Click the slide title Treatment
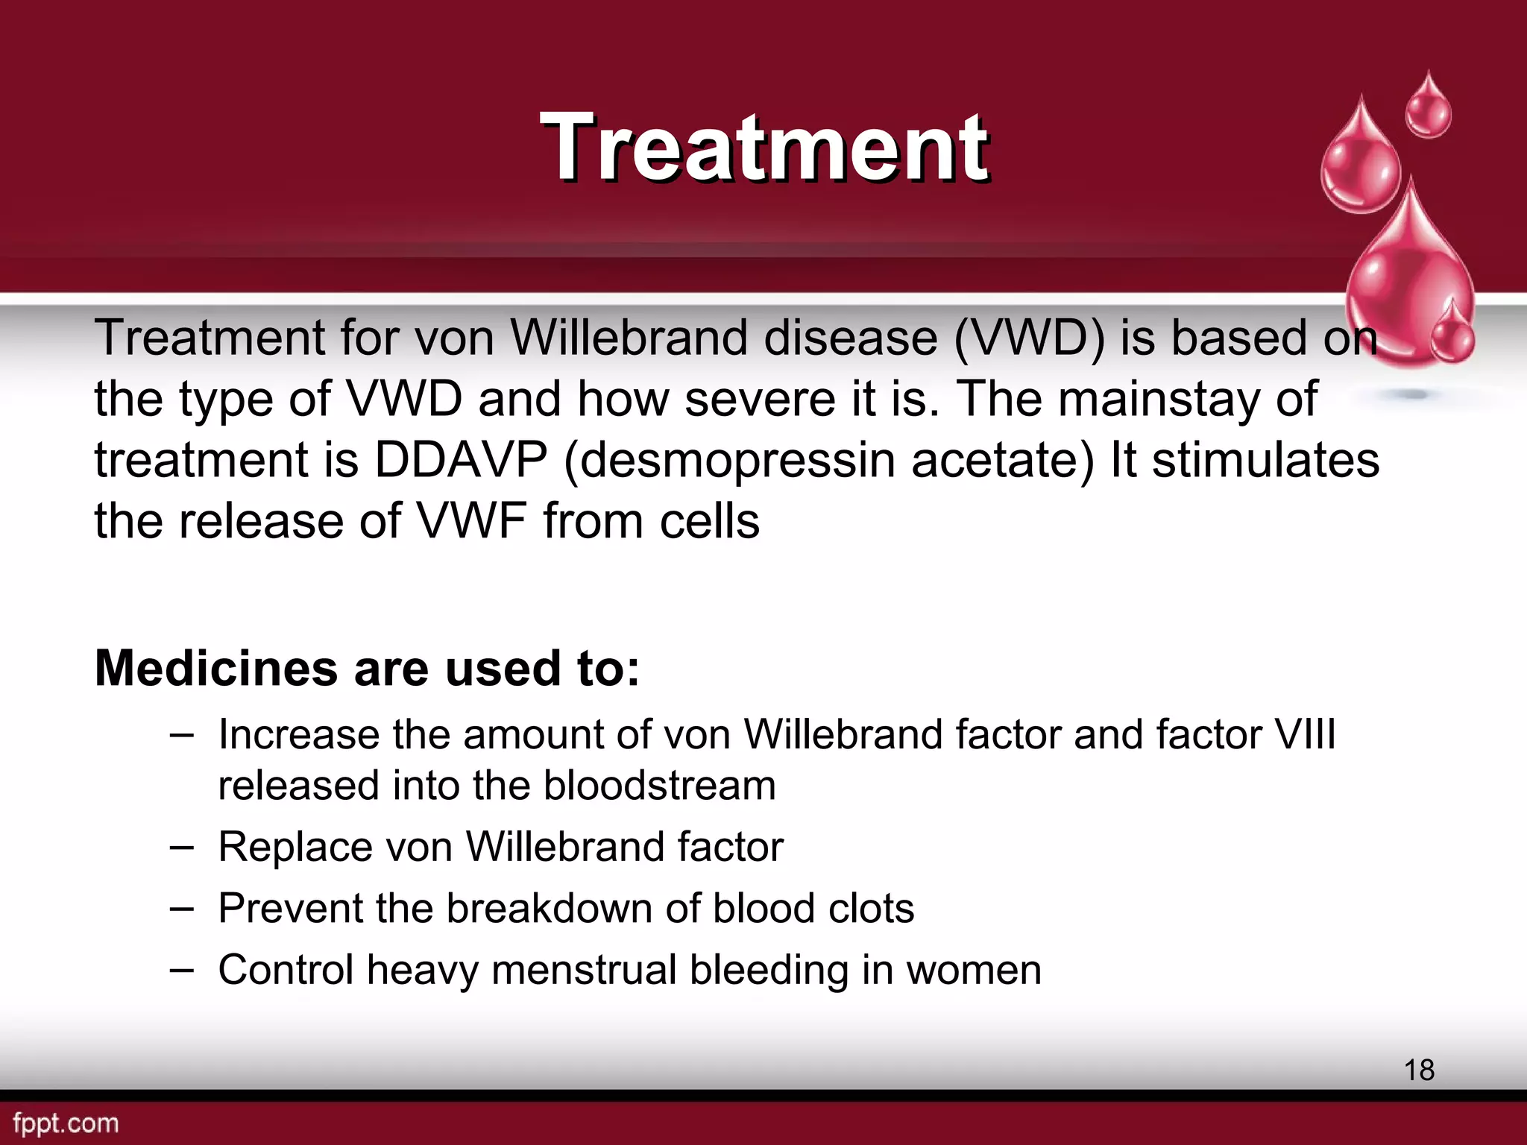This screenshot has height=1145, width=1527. click(x=765, y=147)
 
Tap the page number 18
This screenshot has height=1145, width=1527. click(x=1419, y=1070)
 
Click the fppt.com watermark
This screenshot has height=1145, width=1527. click(x=66, y=1123)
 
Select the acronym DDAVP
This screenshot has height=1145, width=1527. click(x=461, y=460)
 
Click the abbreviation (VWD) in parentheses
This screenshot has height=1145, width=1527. click(x=1030, y=338)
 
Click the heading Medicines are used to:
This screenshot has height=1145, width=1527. click(x=367, y=668)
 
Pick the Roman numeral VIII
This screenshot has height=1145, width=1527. click(x=1305, y=734)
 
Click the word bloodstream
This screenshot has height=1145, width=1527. click(x=660, y=786)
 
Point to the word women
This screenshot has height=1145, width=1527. click(x=973, y=971)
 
